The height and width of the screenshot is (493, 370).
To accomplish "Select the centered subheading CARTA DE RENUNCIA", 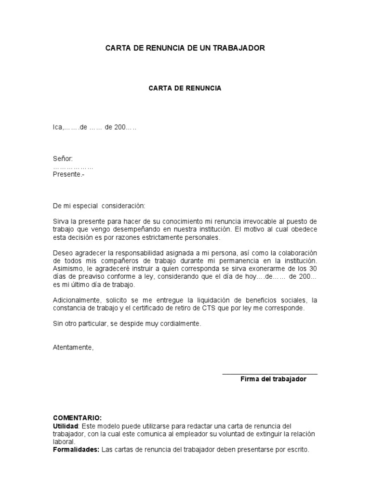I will tap(185, 89).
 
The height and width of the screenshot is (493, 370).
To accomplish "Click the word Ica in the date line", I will tap(58, 128).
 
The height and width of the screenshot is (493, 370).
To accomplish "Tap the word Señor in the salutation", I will tap(63, 159).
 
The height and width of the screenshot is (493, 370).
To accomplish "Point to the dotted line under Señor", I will tap(73, 167).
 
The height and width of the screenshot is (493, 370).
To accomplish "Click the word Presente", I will tap(67, 174).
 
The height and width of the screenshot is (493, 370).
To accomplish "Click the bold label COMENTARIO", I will tap(77, 418).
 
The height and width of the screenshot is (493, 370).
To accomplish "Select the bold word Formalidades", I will tap(76, 450).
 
